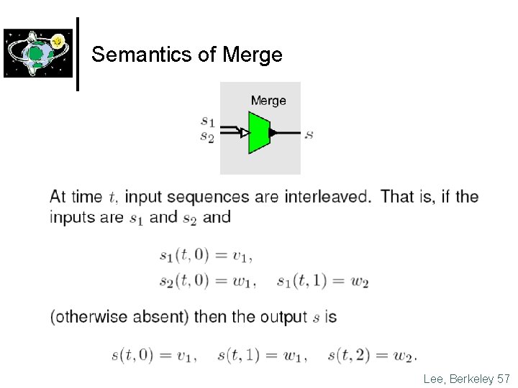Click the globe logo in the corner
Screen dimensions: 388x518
click(37, 53)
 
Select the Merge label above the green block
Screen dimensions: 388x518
click(268, 101)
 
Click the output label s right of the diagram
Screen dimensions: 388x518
click(309, 134)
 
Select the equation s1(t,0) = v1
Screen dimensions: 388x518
click(205, 255)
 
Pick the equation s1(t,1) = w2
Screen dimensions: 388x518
click(322, 281)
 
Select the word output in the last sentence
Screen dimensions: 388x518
click(283, 317)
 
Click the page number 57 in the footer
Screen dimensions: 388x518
click(504, 377)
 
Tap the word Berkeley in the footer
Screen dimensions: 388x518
click(471, 377)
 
